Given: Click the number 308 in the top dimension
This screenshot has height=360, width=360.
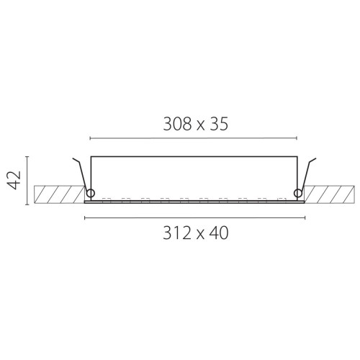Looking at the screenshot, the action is [x=178, y=124].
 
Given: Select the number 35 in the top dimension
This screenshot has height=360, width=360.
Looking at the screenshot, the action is [x=219, y=124].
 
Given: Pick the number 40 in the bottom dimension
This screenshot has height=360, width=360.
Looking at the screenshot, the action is [x=219, y=233].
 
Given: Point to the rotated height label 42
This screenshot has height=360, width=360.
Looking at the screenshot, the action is [x=14, y=180].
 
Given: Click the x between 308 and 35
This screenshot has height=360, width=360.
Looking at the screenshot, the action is [x=201, y=126].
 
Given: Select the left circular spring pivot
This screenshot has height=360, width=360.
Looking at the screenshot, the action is [x=91, y=193].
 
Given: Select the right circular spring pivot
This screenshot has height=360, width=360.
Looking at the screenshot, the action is [x=298, y=193].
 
